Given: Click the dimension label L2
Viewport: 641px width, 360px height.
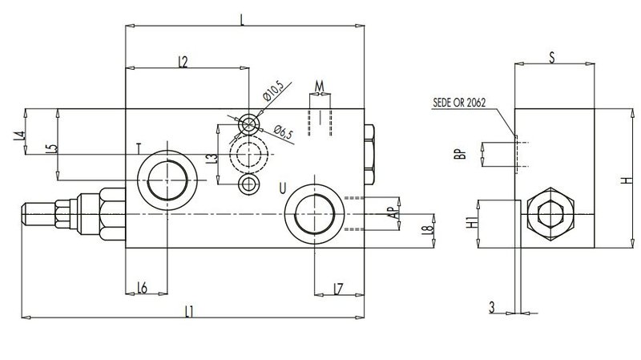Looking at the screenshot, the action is click(183, 62).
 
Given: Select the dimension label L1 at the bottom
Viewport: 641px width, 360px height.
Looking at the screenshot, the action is click(188, 312).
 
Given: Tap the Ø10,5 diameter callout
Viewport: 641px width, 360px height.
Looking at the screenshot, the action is click(273, 91).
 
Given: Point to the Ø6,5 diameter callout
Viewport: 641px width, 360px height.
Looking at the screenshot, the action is click(284, 132).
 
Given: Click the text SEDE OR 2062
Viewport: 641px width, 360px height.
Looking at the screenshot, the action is click(459, 103).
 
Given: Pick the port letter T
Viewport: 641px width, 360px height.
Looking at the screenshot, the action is click(139, 148).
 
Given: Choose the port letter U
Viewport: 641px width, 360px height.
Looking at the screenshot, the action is click(283, 188).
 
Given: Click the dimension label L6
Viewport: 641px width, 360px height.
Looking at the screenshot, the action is click(142, 288).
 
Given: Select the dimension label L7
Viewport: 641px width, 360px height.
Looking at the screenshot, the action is click(338, 289).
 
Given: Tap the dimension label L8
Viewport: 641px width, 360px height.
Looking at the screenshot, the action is click(427, 230).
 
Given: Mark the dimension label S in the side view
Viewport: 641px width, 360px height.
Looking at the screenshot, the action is click(552, 58).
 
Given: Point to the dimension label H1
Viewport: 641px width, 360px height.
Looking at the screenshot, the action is click(472, 223).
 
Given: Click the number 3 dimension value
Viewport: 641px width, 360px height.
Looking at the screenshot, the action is click(492, 307).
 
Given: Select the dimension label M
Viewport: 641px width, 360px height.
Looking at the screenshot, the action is click(319, 87).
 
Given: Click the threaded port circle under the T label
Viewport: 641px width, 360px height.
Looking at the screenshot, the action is click(167, 180).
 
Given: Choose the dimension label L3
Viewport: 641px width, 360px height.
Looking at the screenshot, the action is click(212, 159).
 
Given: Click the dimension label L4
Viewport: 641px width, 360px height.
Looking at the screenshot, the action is click(18, 136).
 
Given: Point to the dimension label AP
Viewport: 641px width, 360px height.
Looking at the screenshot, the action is click(393, 212).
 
